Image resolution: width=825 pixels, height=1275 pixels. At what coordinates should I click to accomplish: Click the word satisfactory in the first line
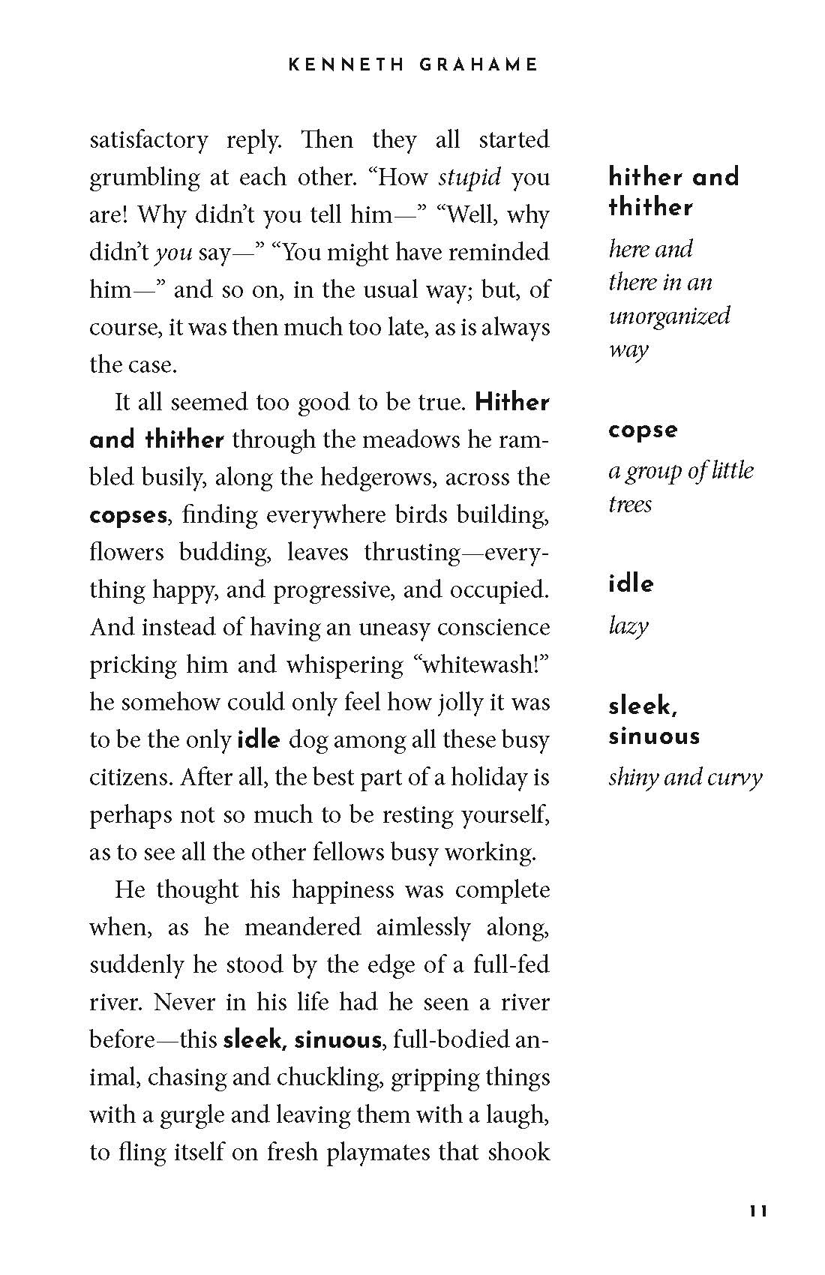[148, 140]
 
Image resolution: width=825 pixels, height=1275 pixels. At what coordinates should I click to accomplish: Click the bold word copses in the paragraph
[128, 515]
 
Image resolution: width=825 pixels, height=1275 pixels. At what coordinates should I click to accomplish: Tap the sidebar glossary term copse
[643, 430]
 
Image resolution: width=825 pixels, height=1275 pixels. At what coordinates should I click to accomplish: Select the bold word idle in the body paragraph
[259, 740]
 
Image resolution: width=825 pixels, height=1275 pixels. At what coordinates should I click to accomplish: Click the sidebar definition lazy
[628, 625]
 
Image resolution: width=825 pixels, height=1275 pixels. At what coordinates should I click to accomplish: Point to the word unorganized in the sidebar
[669, 316]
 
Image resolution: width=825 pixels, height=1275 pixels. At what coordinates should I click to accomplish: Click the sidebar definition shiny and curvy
[685, 777]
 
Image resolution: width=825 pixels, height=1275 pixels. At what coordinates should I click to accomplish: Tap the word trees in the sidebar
[630, 504]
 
